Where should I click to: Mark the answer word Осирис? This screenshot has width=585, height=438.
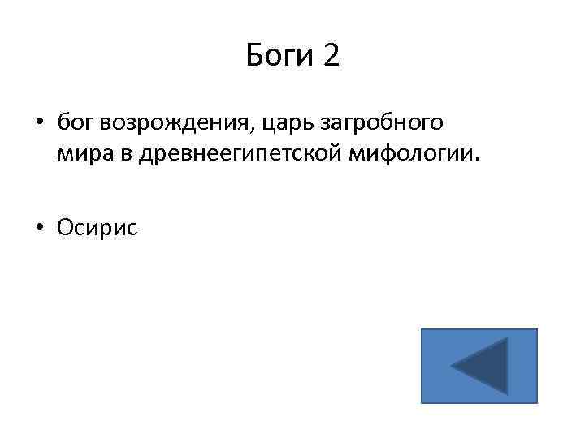click(x=97, y=228)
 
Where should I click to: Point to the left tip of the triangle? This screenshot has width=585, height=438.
click(x=453, y=367)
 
